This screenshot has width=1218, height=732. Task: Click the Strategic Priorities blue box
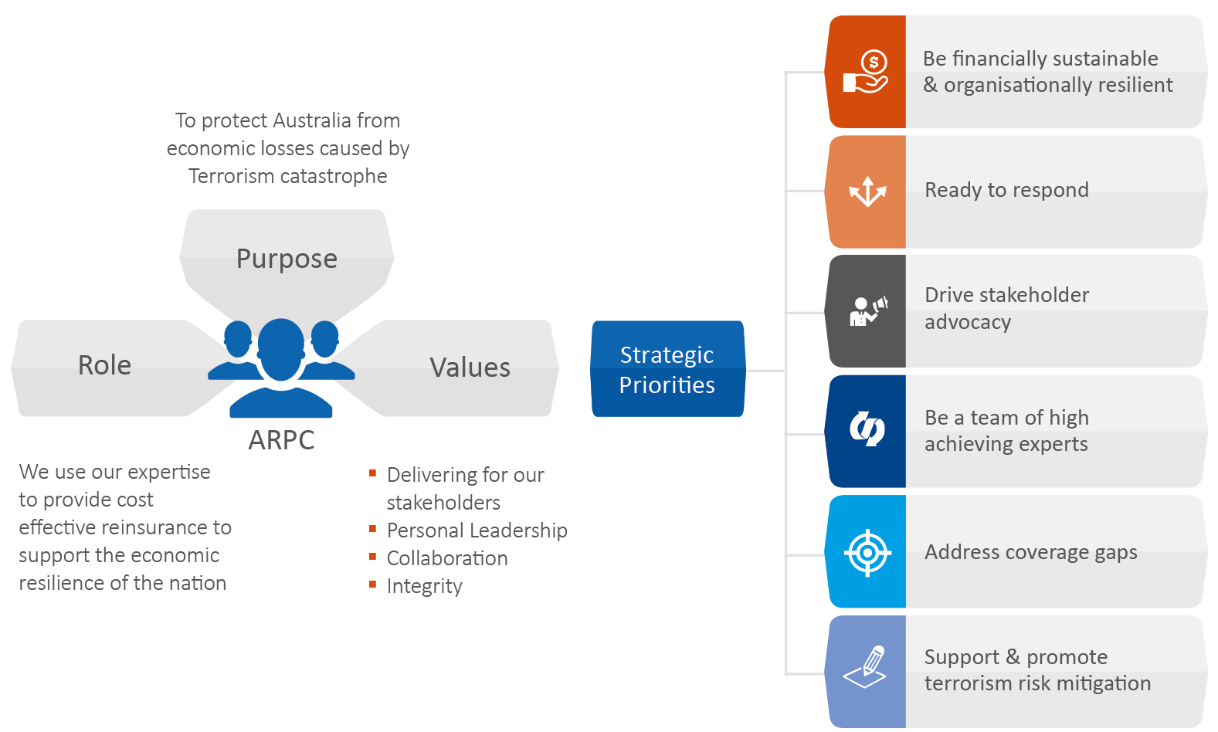tap(667, 369)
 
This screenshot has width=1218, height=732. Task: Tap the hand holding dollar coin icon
tap(867, 72)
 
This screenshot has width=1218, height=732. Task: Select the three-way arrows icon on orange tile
tap(867, 191)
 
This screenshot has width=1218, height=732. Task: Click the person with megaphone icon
tap(867, 311)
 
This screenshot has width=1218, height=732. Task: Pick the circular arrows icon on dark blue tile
tap(867, 429)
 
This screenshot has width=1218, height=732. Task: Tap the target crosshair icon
tap(867, 552)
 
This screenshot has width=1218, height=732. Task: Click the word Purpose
tap(287, 259)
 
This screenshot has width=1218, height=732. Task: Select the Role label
tap(104, 365)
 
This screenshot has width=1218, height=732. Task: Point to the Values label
tap(470, 368)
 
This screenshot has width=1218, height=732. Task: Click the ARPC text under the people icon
tap(281, 440)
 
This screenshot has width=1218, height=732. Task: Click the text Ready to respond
tap(1006, 190)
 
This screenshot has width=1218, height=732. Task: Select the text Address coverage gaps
tap(1030, 552)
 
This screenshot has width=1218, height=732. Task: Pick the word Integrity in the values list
tap(424, 586)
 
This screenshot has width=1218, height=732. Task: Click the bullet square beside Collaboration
tap(373, 556)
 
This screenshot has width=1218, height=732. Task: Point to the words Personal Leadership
tap(477, 530)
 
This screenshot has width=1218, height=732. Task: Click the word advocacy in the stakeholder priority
tap(967, 322)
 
